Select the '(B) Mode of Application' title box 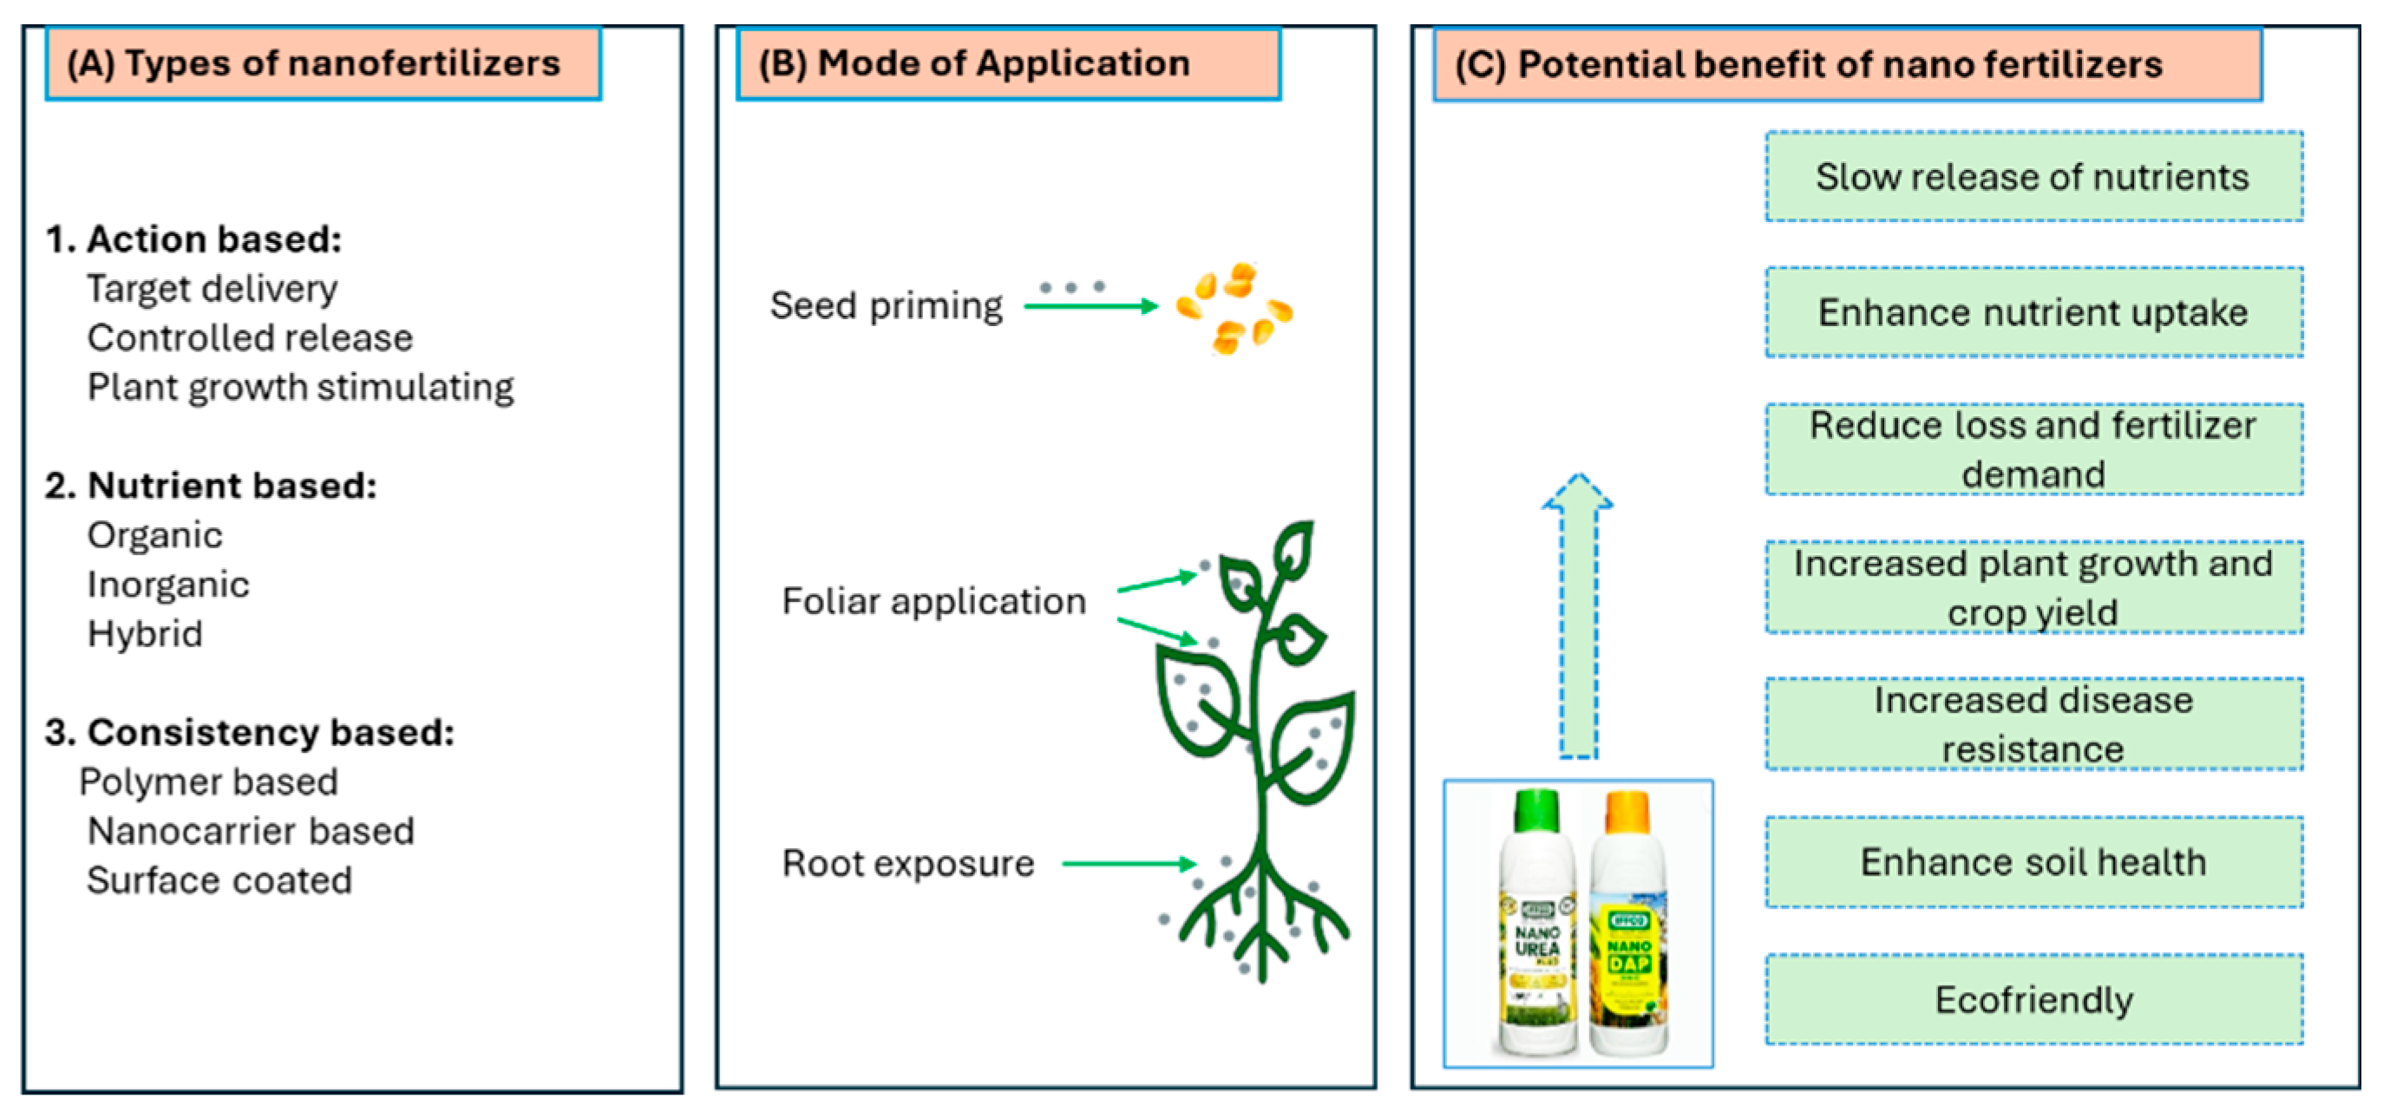pos(1007,64)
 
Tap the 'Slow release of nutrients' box pos(2033,177)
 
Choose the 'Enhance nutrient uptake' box pos(2033,313)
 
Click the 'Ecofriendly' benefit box pos(2033,1000)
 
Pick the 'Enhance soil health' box pos(2033,862)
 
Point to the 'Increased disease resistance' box pos(2033,724)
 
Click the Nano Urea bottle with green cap pos(1536,925)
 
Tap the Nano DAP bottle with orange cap pos(1629,925)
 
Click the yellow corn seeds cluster pos(1233,309)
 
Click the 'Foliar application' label pos(933,601)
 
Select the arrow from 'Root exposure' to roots pos(1129,864)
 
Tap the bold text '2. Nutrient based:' pos(211,486)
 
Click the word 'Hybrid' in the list pos(144,635)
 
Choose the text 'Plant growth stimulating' pos(300,388)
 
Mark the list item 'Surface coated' pos(219,880)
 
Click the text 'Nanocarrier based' pos(250,832)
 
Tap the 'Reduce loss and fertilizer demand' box pos(2033,449)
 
